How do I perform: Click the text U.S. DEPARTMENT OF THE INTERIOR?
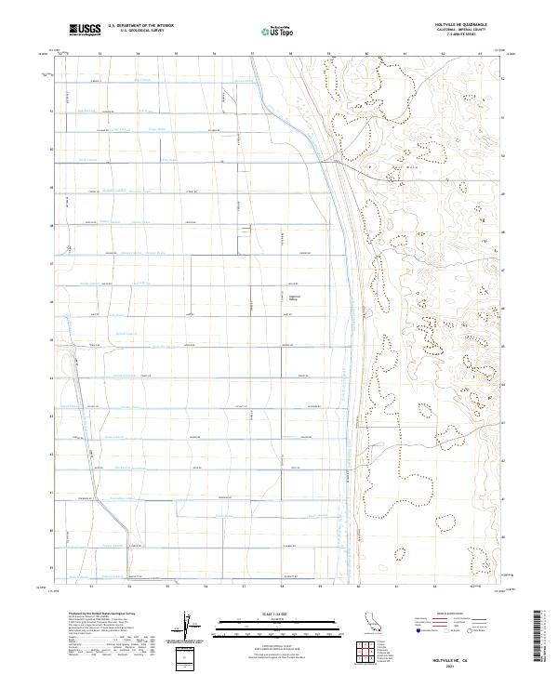tap(140, 26)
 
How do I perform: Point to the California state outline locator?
tap(377, 624)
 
